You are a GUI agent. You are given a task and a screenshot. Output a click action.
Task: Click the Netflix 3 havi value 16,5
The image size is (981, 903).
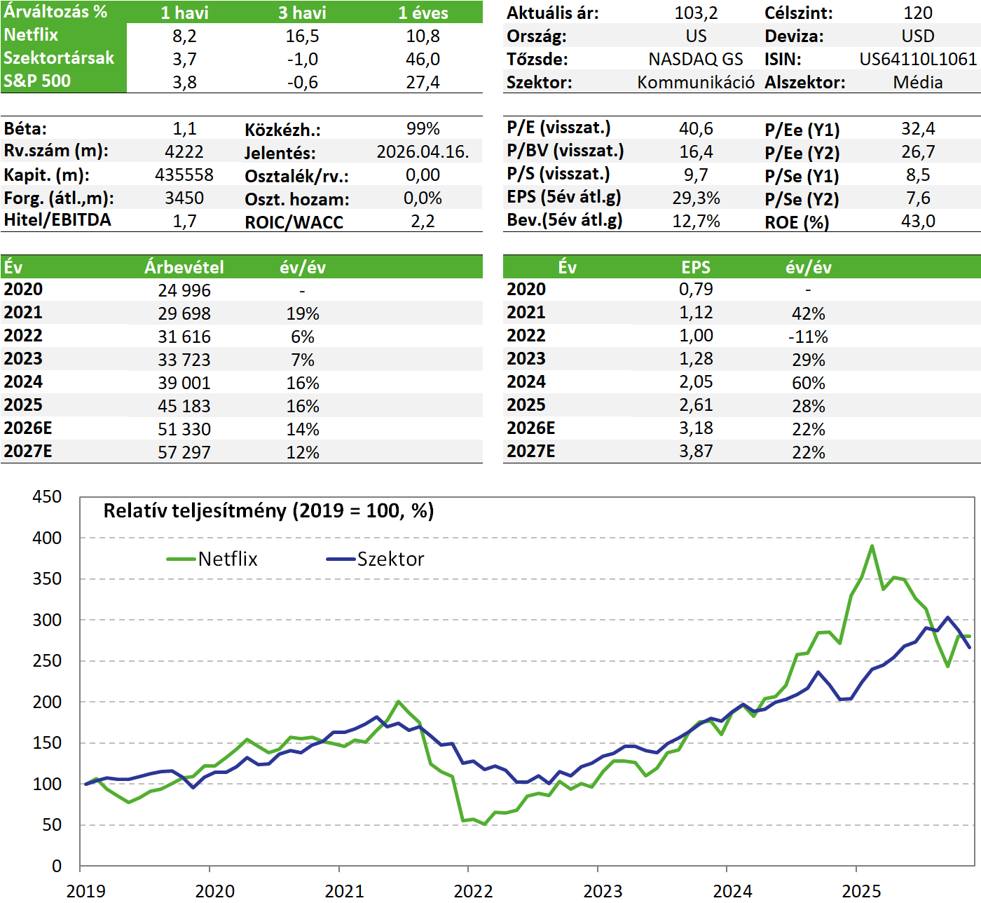[x=302, y=36]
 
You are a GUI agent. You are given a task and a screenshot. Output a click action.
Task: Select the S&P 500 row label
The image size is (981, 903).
[x=37, y=81]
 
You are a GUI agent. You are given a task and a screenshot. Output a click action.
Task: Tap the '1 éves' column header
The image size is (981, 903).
[x=423, y=13]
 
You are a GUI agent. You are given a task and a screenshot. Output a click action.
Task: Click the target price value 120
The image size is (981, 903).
[x=917, y=13]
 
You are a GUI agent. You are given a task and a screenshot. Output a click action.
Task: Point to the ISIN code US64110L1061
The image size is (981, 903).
[x=917, y=59]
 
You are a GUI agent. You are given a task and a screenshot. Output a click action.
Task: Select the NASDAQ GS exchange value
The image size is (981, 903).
[x=695, y=59]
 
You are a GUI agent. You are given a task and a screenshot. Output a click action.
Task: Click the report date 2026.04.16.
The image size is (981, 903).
[x=423, y=151]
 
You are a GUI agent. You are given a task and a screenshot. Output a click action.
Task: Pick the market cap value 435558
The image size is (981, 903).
[x=184, y=175]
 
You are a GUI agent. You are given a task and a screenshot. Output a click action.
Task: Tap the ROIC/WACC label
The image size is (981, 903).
[x=294, y=222]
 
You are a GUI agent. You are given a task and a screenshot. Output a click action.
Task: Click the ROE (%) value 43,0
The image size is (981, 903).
[x=917, y=222]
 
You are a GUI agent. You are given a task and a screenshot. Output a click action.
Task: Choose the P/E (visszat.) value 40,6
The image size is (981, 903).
[x=695, y=128]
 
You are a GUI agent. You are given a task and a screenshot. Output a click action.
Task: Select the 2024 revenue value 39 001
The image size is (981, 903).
[x=184, y=383]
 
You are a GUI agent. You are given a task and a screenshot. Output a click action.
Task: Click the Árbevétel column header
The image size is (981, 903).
[x=184, y=267]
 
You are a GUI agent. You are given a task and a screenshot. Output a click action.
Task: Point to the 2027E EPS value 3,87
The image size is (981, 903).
[x=695, y=451]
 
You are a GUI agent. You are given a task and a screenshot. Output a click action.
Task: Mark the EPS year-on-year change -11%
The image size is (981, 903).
[x=808, y=337]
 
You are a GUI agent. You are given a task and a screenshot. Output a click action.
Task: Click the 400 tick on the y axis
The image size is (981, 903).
[x=47, y=538]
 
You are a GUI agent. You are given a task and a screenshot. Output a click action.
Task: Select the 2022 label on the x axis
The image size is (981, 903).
[x=473, y=891]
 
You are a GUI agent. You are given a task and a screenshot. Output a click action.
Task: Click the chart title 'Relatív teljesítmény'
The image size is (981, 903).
[x=268, y=510]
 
